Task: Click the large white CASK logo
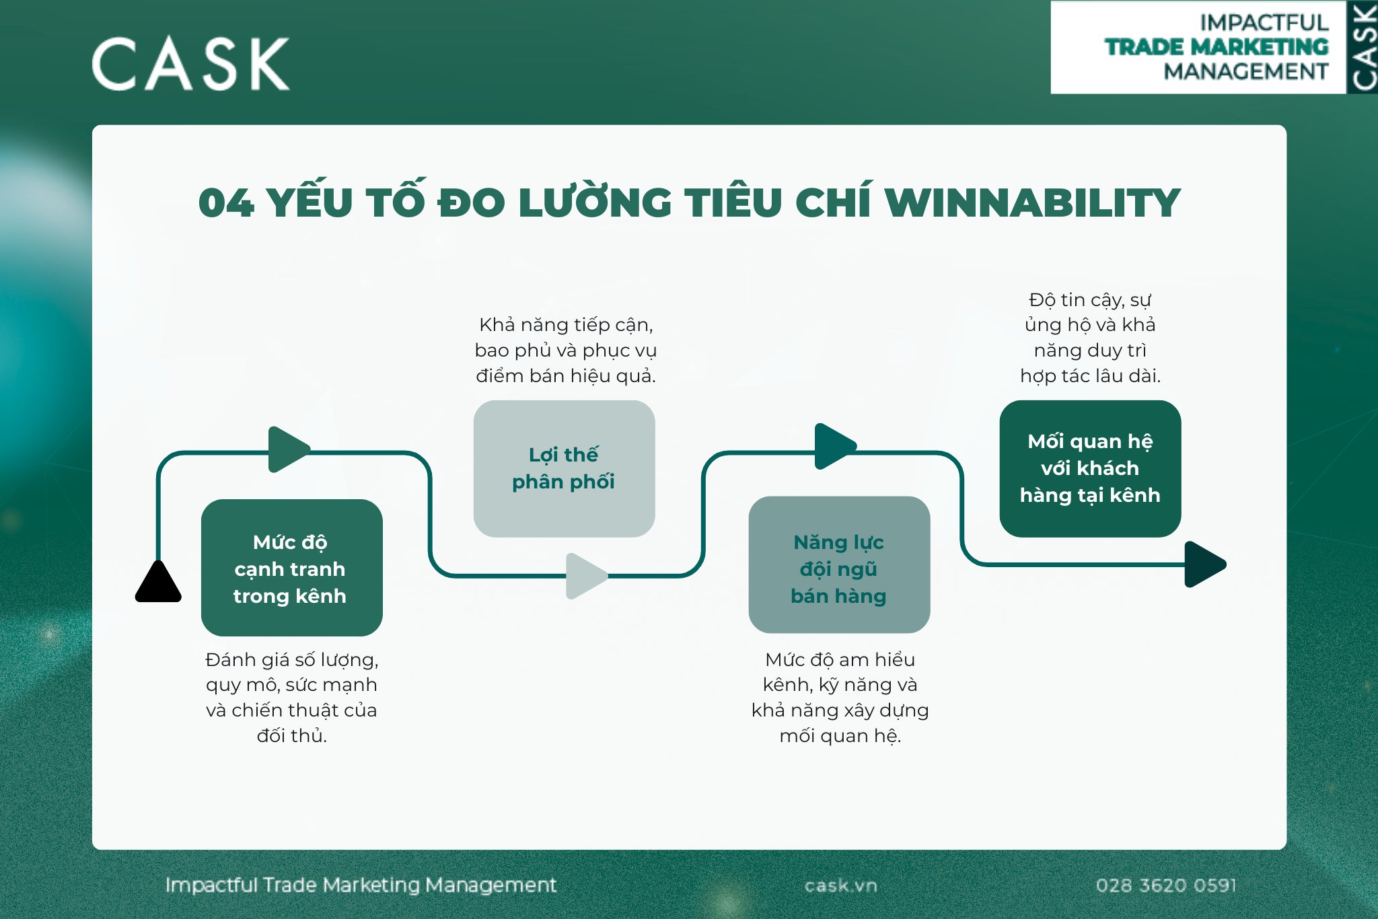(190, 64)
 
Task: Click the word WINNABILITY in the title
(1032, 203)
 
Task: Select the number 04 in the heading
(226, 203)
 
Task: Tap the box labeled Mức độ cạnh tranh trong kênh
(291, 568)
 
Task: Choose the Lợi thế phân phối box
(564, 468)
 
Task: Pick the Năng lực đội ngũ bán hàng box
(839, 565)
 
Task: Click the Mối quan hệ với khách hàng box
(1090, 468)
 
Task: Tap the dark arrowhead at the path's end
(1204, 564)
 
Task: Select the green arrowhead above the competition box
(287, 449)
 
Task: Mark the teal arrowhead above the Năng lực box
(834, 446)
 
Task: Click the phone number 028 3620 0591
(1166, 885)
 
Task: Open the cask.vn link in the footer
(841, 886)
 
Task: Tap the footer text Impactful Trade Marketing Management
(361, 885)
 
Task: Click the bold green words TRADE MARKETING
(1217, 47)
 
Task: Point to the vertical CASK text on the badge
(1363, 47)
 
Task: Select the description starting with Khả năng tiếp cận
(565, 351)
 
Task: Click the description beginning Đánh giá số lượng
(291, 698)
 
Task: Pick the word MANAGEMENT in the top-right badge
(1246, 71)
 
